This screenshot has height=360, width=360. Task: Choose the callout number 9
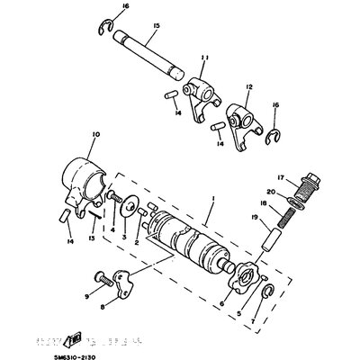[88, 294]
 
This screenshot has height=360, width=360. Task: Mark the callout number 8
[102, 308]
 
